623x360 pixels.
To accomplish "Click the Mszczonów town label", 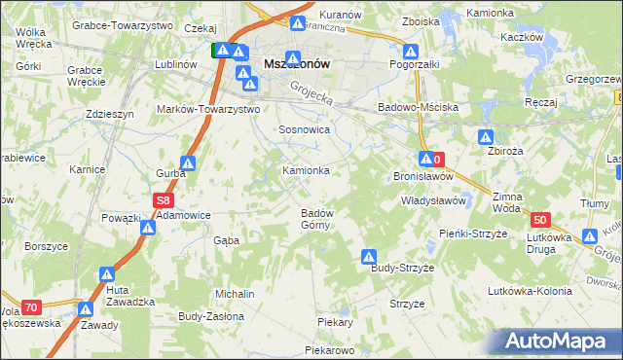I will click(298, 64).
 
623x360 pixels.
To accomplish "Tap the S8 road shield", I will click(163, 200).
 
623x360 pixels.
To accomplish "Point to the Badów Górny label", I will click(317, 219).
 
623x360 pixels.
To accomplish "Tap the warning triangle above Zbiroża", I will click(487, 138).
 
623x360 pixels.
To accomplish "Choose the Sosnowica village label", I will click(306, 128).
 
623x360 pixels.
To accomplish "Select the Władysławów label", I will click(435, 199).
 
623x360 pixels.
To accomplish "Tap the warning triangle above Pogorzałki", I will click(411, 52).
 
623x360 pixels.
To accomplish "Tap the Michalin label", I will click(236, 294).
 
